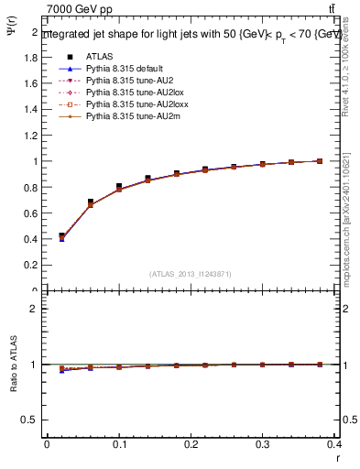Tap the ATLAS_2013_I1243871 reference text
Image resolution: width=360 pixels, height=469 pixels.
coord(191,274)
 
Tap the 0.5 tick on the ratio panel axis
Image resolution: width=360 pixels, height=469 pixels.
coord(33,420)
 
